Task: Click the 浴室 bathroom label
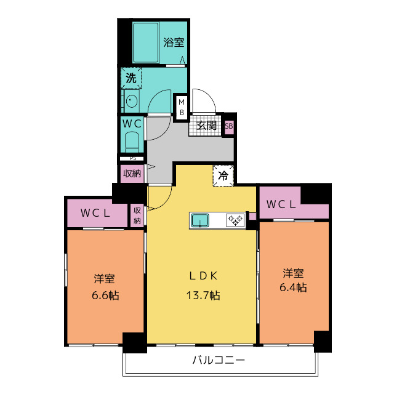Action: pyautogui.click(x=173, y=42)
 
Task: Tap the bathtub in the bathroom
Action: pyautogui.click(x=146, y=42)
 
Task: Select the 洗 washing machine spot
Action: pyautogui.click(x=131, y=78)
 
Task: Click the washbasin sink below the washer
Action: pyautogui.click(x=131, y=100)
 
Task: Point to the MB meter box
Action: pyautogui.click(x=182, y=107)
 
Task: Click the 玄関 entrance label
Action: pyautogui.click(x=206, y=126)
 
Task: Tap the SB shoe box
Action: pyautogui.click(x=228, y=127)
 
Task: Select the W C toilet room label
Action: pyautogui.click(x=132, y=123)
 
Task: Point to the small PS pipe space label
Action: pyautogui.click(x=132, y=158)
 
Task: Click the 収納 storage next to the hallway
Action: pyautogui.click(x=132, y=173)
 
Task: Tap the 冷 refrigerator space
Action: pyautogui.click(x=223, y=175)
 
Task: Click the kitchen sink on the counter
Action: pyautogui.click(x=201, y=220)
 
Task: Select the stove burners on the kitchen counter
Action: pyautogui.click(x=234, y=220)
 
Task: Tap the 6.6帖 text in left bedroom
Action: pyautogui.click(x=105, y=295)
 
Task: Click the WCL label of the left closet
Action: pyautogui.click(x=97, y=214)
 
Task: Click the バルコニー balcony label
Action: pyautogui.click(x=219, y=360)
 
